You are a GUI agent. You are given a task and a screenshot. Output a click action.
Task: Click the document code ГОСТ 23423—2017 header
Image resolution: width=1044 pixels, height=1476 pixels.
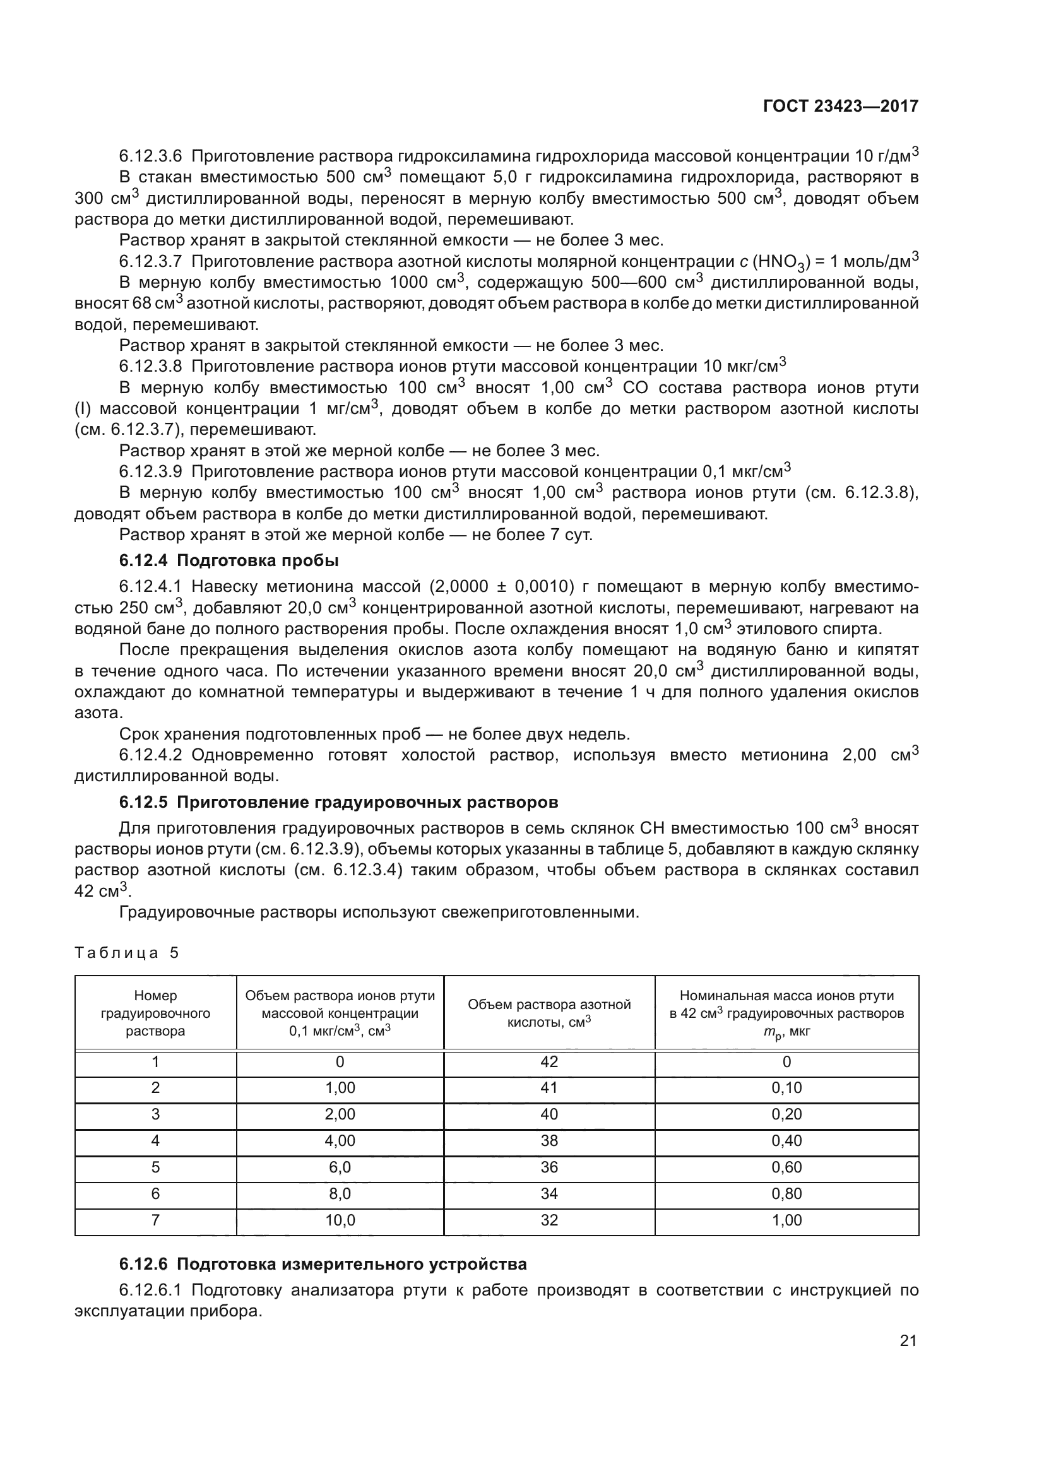840,106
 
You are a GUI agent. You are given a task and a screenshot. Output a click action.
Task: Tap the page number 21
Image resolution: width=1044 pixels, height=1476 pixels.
908,1340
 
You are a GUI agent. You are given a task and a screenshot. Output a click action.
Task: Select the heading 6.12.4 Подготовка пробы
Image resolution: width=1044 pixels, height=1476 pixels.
228,560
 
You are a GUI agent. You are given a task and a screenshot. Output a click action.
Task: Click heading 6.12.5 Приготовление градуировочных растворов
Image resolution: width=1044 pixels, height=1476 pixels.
338,802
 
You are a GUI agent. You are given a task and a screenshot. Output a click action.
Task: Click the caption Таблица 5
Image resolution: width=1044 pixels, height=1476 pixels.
127,953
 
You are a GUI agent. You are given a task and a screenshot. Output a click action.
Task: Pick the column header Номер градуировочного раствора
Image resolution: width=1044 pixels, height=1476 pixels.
155,1013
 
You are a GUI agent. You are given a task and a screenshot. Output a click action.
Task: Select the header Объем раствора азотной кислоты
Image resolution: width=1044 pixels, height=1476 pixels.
549,1013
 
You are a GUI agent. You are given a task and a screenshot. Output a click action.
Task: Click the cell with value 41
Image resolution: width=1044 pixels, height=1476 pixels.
549,1088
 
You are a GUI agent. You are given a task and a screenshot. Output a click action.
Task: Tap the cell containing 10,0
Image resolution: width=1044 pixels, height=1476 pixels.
340,1220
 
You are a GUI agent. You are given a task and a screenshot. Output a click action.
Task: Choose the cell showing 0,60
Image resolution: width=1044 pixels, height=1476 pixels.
786,1167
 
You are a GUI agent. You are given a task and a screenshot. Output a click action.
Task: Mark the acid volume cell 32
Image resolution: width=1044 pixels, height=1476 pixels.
549,1220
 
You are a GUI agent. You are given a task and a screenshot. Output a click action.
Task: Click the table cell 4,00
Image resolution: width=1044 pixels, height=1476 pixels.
340,1140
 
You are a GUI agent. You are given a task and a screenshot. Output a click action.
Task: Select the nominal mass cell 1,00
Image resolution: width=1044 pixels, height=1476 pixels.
786,1220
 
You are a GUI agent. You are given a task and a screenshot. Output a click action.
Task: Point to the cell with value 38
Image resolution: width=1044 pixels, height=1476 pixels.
549,1140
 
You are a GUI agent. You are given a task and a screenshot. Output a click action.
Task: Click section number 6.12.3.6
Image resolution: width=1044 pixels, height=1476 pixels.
150,156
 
